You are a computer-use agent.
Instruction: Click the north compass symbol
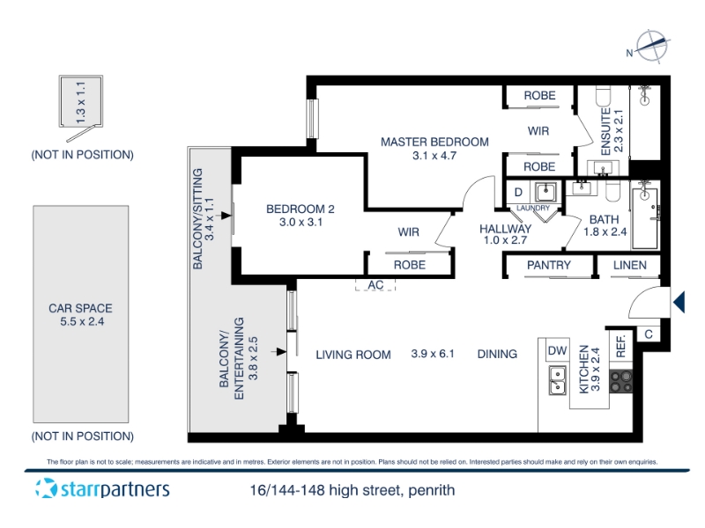tap(650, 47)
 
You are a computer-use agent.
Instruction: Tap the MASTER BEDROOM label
tap(434, 143)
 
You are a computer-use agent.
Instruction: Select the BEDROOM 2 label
tap(301, 209)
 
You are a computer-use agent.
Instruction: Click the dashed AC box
tap(375, 284)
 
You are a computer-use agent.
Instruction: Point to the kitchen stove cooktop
tap(621, 382)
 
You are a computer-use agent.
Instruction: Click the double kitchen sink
tap(557, 381)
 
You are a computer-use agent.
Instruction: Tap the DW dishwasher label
tap(557, 350)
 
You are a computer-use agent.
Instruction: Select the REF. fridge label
tap(621, 347)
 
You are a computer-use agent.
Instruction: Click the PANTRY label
tap(548, 266)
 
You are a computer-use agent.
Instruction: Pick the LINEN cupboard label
tap(629, 266)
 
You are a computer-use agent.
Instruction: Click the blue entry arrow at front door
tap(679, 302)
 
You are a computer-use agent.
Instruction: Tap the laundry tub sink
tap(545, 193)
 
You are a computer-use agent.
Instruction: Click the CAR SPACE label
tap(80, 309)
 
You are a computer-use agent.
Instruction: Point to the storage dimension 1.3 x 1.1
tap(81, 103)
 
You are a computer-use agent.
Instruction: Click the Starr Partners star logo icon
tap(47, 488)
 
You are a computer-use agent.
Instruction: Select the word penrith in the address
tap(431, 490)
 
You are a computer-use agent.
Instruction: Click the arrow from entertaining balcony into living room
tap(278, 352)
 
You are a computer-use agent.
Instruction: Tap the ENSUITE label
tap(605, 131)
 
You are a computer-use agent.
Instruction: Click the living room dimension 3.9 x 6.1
tap(433, 354)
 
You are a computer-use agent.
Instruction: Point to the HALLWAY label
tap(505, 229)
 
